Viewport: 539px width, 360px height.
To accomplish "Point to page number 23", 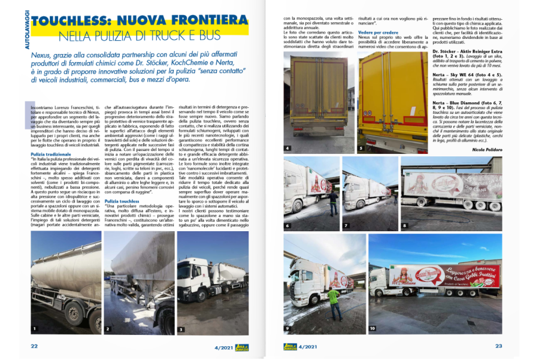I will (498, 345).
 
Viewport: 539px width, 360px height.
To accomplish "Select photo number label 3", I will (180, 329).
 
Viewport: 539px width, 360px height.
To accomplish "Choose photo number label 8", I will (404, 226).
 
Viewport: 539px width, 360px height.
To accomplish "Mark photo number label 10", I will (372, 328).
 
